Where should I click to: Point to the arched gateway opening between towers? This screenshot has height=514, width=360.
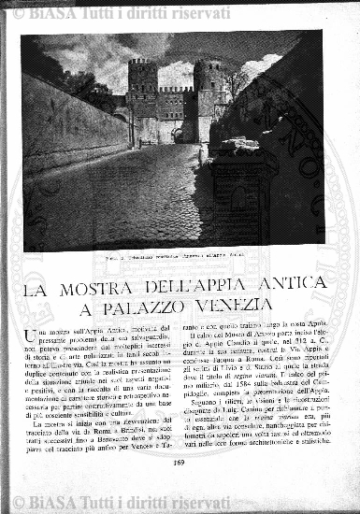pos(178,135)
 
